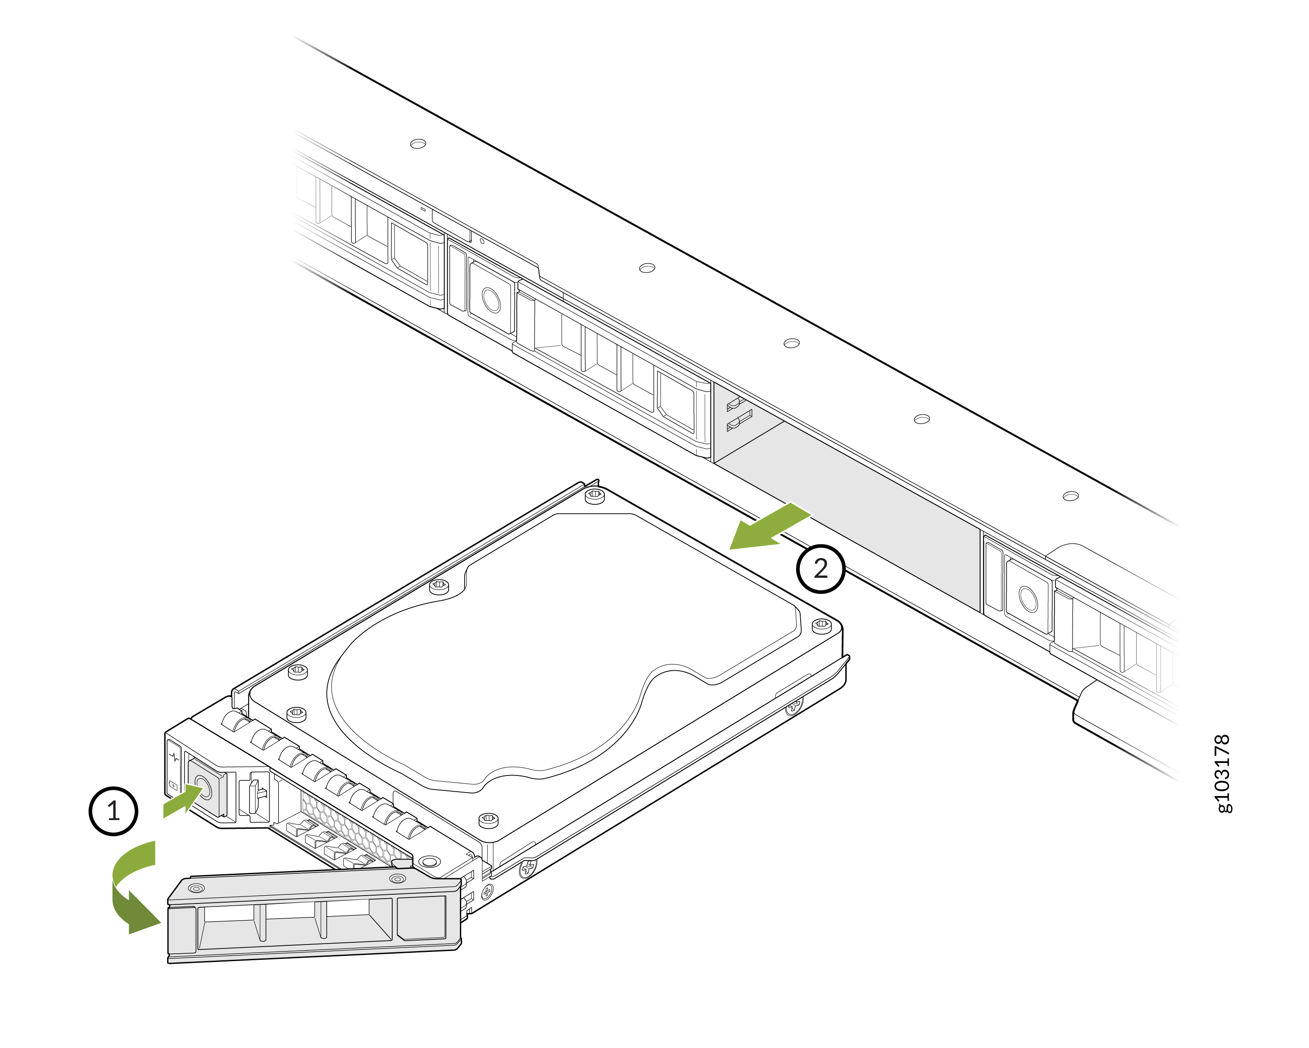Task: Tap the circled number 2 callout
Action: pyautogui.click(x=820, y=568)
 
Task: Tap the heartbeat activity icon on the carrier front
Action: pyautogui.click(x=174, y=757)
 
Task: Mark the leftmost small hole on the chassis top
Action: pyautogui.click(x=418, y=144)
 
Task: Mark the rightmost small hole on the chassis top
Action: pyautogui.click(x=1070, y=496)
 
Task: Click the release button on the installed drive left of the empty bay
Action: pyautogui.click(x=490, y=300)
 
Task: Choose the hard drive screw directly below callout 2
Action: pyautogui.click(x=822, y=624)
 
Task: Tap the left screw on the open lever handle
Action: pyautogui.click(x=196, y=888)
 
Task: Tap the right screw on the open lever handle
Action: pyautogui.click(x=397, y=879)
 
